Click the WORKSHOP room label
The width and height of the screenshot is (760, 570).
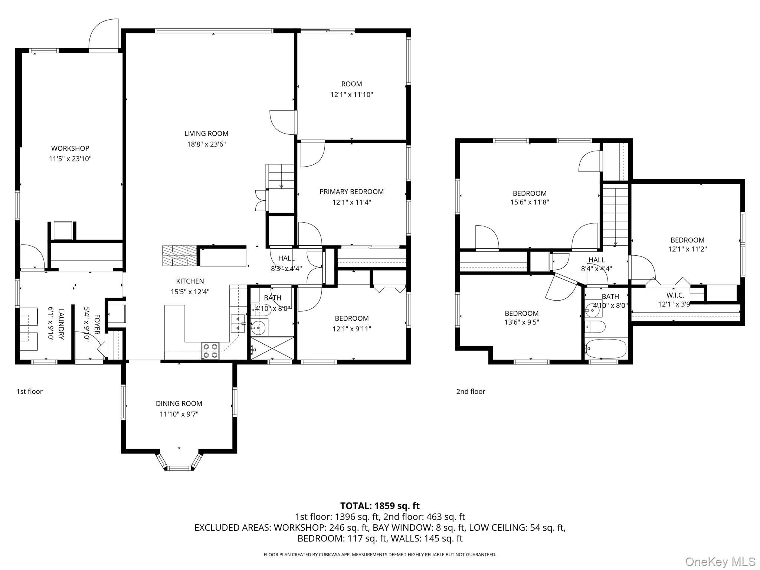click(x=70, y=148)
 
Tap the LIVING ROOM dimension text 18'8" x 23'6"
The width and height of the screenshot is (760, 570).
click(x=206, y=144)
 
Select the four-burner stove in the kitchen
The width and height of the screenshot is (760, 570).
click(x=210, y=351)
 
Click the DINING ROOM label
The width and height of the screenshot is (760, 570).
click(x=179, y=403)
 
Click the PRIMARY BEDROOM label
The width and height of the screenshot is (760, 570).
click(x=351, y=191)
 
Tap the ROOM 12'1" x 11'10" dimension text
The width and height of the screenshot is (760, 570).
click(x=351, y=95)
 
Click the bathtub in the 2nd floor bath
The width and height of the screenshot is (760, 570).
click(x=606, y=349)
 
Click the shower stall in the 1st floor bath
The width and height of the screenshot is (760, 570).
click(x=272, y=348)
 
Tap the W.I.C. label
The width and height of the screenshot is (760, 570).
click(x=675, y=295)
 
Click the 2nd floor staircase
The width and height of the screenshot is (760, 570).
click(x=615, y=215)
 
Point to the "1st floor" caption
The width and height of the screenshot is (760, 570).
click(x=30, y=392)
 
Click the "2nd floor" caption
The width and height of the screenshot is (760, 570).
click(x=471, y=392)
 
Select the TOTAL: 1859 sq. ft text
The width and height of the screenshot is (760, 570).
click(x=380, y=506)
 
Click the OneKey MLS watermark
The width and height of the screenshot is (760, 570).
click(x=720, y=561)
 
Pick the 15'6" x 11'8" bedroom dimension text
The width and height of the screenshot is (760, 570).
click(x=530, y=202)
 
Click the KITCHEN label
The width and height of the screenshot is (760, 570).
click(x=190, y=281)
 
